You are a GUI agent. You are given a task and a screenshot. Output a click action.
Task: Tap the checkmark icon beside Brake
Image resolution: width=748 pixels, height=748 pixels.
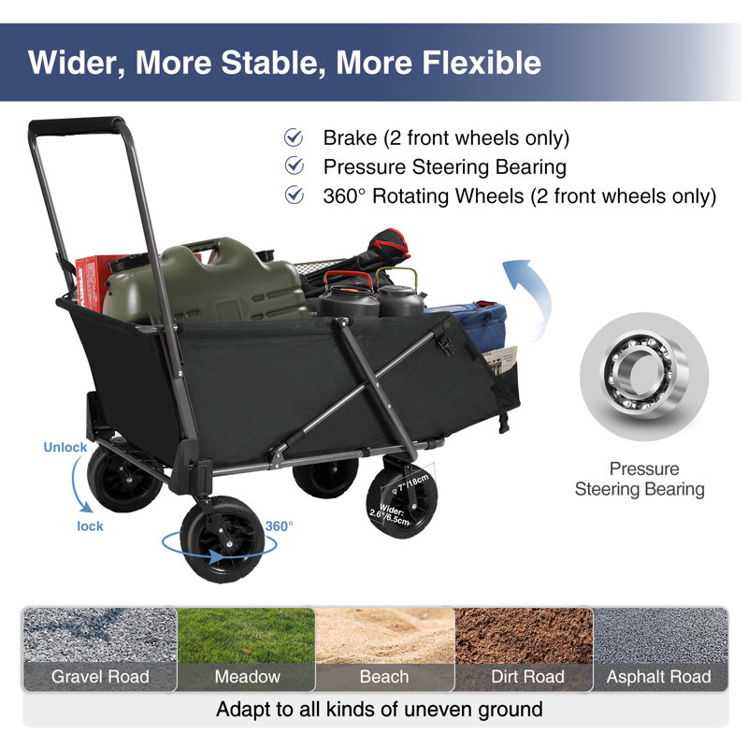coord(294,137)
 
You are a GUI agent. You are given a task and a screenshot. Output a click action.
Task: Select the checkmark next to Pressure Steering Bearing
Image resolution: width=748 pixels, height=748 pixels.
coord(295,166)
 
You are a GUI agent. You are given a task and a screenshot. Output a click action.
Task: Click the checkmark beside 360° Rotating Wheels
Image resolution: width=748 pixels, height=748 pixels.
coord(295,195)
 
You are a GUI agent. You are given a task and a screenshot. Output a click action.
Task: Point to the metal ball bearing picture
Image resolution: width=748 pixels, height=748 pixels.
coord(644,376)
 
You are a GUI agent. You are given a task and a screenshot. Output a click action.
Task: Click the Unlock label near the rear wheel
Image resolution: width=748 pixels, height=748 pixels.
coord(65,447)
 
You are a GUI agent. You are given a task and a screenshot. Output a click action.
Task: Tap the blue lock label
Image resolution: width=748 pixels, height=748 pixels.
coord(90,526)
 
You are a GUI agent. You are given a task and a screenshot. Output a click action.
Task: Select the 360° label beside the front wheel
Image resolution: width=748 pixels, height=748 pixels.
coord(279,526)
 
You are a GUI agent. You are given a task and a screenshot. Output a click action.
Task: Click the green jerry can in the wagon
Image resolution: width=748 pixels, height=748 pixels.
coord(205,281)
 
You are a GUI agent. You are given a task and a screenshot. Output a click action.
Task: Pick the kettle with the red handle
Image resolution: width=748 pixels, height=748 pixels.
coord(348,295)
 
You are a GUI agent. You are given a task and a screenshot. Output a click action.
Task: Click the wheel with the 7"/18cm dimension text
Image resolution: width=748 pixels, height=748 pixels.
coord(402,502)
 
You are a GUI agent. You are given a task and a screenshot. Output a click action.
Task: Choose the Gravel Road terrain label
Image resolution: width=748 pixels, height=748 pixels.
coord(100,676)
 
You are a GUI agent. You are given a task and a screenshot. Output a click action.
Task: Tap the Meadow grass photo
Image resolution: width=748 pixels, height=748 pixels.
coord(246,636)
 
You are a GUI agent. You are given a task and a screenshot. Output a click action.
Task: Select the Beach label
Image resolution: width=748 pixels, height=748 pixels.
coord(384,676)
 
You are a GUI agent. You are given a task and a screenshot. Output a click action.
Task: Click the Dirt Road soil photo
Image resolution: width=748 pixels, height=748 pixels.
coord(524,636)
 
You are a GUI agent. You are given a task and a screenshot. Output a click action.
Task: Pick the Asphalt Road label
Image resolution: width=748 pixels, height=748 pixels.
coord(659,676)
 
